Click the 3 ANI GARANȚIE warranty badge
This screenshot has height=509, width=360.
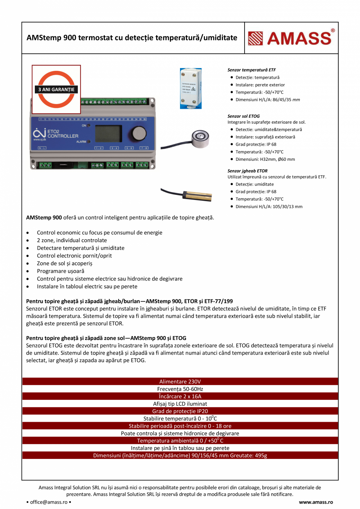tap(56, 89)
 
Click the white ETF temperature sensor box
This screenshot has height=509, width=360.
tap(191, 88)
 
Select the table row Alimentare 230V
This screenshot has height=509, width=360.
tap(180, 381)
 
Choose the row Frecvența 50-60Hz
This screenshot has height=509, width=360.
tap(180, 389)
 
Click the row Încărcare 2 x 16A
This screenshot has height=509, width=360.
tap(180, 396)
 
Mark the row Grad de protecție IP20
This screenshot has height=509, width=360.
tap(180, 411)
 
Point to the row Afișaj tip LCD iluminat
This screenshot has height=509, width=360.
tap(180, 404)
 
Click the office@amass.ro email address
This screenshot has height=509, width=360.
tap(49, 502)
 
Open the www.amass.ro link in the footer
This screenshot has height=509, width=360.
tap(316, 502)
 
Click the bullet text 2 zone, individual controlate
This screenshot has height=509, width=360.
tap(72, 240)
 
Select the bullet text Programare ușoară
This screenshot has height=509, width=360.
tap(61, 271)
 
